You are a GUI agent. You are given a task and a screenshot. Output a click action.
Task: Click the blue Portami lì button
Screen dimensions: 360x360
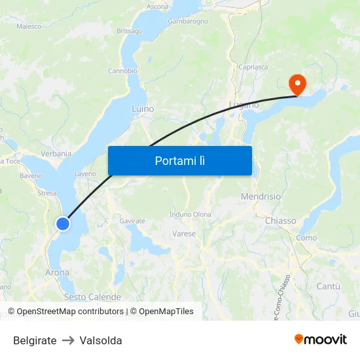pyautogui.click(x=180, y=160)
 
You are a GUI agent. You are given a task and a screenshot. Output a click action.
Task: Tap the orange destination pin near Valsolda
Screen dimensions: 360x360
pyautogui.click(x=297, y=83)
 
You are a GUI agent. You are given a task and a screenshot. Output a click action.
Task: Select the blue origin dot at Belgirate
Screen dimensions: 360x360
pyautogui.click(x=63, y=224)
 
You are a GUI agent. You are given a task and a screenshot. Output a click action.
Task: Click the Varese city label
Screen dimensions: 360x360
pyautogui.click(x=184, y=234)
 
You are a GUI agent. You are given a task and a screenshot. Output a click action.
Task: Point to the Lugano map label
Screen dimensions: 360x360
pyautogui.click(x=244, y=105)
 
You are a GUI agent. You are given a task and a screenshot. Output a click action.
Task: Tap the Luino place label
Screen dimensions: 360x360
pyautogui.click(x=143, y=109)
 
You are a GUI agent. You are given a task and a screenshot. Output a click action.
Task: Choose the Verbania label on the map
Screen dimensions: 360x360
pyautogui.click(x=56, y=153)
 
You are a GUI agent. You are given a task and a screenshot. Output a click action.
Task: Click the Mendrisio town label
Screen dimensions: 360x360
pyautogui.click(x=261, y=196)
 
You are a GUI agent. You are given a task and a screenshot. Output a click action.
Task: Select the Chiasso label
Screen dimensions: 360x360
pyautogui.click(x=280, y=221)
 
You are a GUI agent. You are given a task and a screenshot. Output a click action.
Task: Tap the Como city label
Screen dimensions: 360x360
pyautogui.click(x=306, y=238)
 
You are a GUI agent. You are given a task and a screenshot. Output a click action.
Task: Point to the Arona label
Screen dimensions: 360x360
pyautogui.click(x=58, y=272)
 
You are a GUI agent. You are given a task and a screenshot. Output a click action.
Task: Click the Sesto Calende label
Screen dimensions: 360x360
pyautogui.click(x=92, y=297)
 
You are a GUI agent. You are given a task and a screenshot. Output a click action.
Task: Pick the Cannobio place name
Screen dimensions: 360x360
pyautogui.click(x=122, y=71)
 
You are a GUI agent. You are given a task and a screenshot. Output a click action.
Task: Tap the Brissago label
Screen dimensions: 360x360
pyautogui.click(x=129, y=31)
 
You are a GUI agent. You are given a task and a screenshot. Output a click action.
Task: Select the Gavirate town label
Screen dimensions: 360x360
pyautogui.click(x=132, y=221)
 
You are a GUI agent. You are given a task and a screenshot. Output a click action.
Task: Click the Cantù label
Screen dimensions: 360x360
pyautogui.click(x=329, y=287)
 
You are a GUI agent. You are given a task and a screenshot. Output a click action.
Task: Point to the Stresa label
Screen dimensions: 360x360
pyautogui.click(x=47, y=193)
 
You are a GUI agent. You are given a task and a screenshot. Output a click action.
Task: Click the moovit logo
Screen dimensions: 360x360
pyautogui.click(x=321, y=340)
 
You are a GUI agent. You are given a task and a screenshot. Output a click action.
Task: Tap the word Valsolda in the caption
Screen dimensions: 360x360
pyautogui.click(x=101, y=340)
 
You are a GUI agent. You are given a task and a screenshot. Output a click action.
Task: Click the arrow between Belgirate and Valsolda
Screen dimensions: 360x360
pyautogui.click(x=68, y=340)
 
